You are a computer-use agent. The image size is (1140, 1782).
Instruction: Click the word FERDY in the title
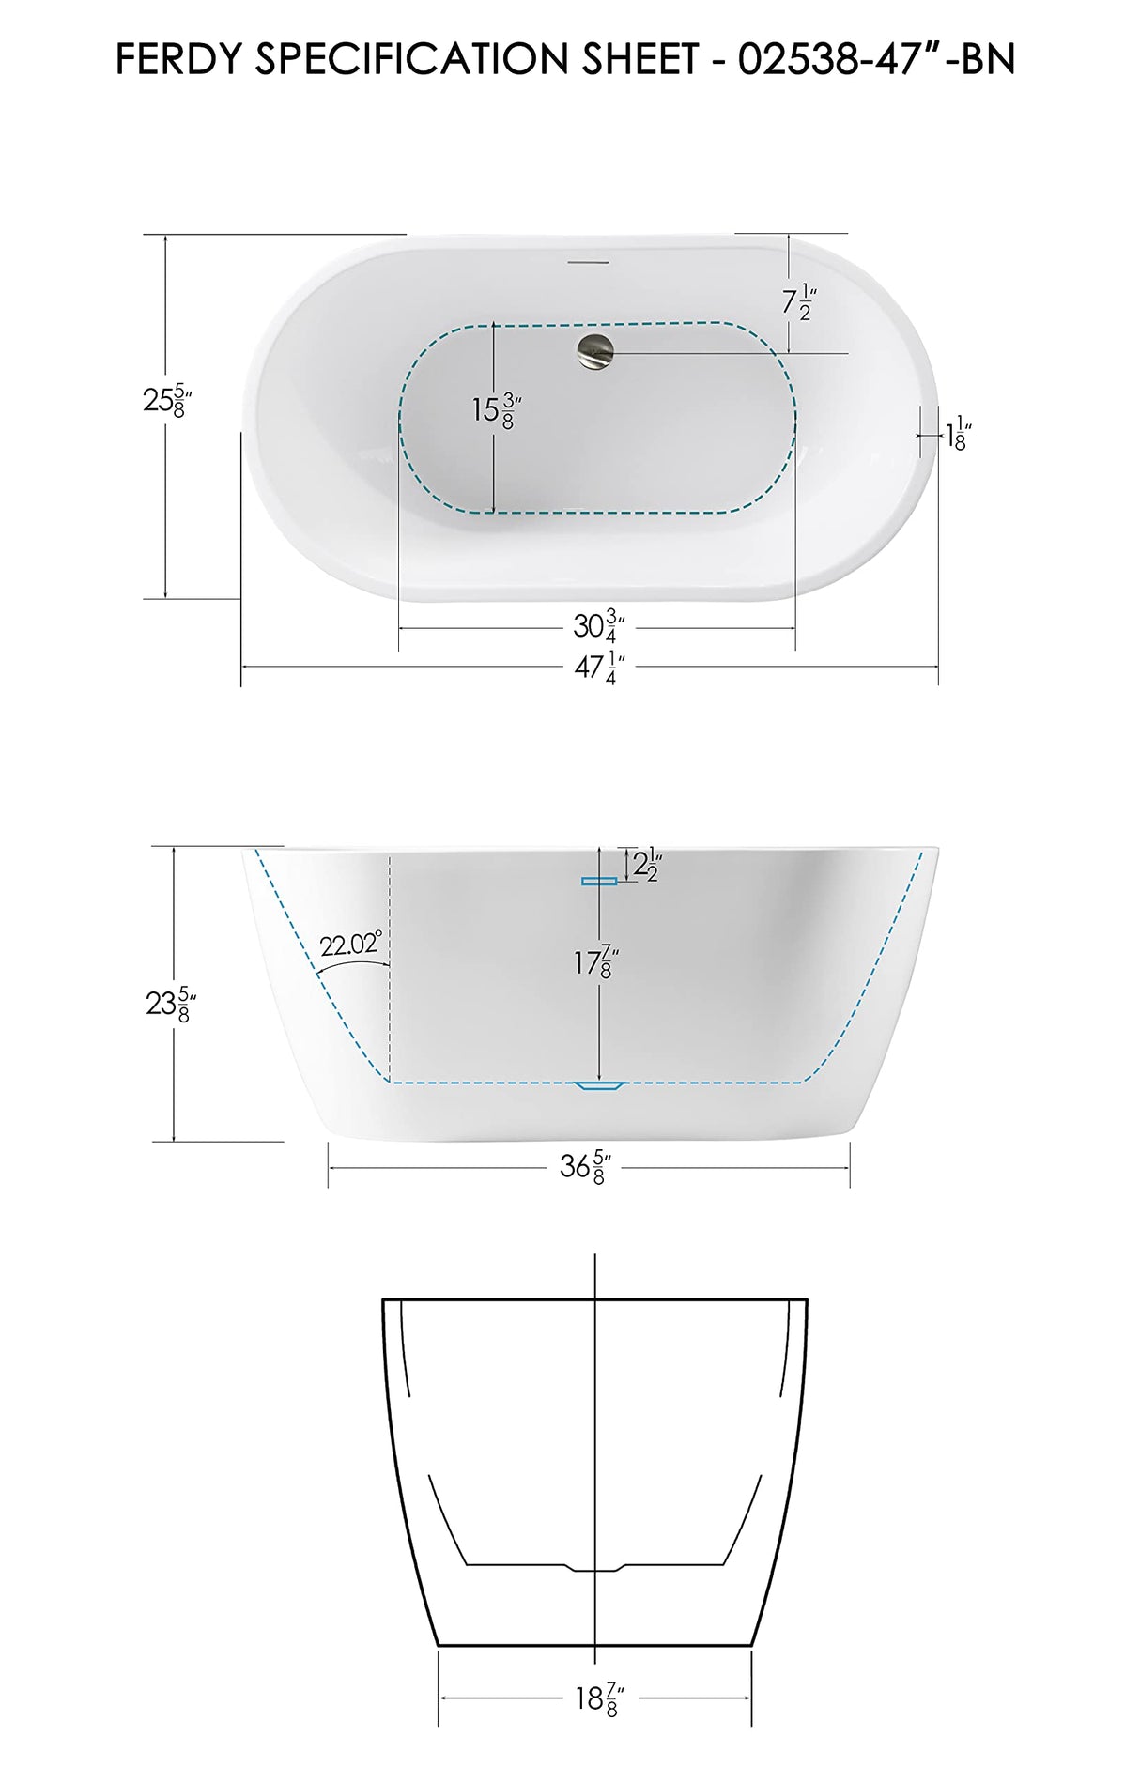coord(178,60)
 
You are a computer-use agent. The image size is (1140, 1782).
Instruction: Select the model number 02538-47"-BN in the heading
coord(876,60)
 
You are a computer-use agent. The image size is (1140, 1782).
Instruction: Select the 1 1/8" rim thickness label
coord(957,436)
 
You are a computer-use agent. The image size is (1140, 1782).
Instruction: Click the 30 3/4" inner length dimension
coord(598,626)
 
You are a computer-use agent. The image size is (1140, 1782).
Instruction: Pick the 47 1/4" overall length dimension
coord(598,668)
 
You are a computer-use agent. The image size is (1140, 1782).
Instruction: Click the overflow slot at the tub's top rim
coord(591,260)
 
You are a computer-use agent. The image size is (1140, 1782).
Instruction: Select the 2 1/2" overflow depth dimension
coord(647,864)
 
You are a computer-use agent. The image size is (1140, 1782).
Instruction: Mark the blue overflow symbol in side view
coord(598,881)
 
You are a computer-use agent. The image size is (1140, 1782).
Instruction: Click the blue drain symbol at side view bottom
coord(599,1085)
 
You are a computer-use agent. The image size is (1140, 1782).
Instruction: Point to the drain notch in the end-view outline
coord(594,1567)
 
